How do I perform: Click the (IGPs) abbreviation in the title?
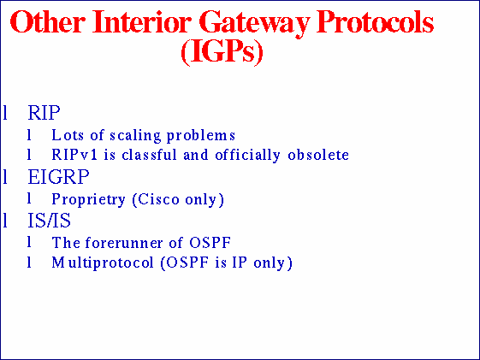222,52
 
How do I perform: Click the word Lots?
66,135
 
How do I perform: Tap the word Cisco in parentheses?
169,200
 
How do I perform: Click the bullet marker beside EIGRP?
6,178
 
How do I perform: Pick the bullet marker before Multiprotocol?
29,263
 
